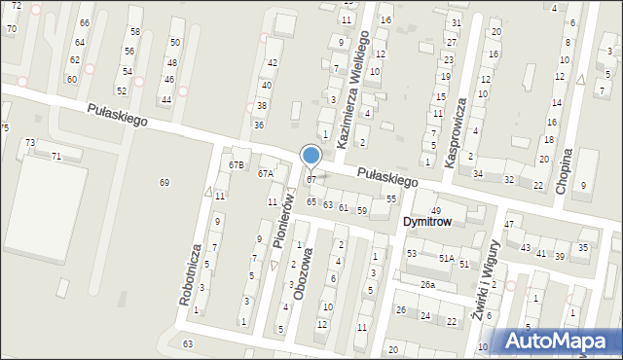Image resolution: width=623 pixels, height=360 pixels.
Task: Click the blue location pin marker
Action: coord(311,156)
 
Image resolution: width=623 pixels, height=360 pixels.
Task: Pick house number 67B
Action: coord(236,164)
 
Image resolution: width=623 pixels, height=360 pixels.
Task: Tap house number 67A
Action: coord(265,173)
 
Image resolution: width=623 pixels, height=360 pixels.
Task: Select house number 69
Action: coord(164,183)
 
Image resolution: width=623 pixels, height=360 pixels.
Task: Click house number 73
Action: coord(29,143)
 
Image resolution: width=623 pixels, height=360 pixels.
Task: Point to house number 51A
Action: coord(446,259)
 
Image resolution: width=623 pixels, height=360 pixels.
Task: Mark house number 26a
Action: coord(427,284)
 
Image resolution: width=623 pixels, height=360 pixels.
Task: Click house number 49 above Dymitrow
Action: coord(436,210)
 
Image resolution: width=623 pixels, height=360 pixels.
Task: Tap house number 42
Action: coord(273,62)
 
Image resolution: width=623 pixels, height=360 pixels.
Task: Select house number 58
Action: coord(134,32)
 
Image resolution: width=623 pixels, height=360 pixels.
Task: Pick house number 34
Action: coord(477,174)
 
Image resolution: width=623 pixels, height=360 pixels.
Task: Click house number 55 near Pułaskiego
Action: coord(391,198)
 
